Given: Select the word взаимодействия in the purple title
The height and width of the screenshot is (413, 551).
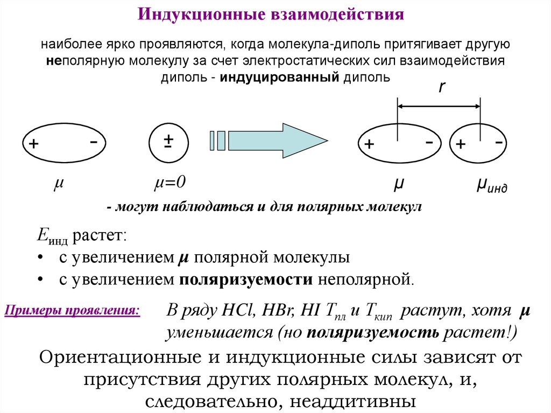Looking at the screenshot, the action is pos(333,14).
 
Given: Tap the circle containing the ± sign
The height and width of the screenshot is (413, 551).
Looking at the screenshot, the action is pos(168,142).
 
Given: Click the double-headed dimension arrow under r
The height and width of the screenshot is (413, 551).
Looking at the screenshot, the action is pos(439,107).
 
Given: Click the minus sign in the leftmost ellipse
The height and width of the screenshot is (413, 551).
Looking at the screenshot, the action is pos(94,141).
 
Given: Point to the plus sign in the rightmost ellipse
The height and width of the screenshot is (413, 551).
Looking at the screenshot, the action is pos(461,144).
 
